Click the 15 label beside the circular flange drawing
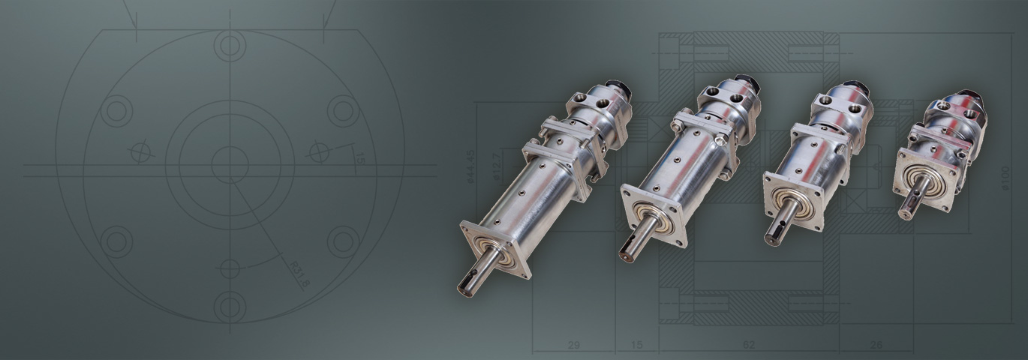(x=359, y=159)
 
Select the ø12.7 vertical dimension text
(x=495, y=166)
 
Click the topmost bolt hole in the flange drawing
(x=230, y=46)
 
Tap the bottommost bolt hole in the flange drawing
(x=230, y=306)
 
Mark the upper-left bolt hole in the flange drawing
(x=117, y=111)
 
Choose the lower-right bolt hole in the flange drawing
(x=343, y=241)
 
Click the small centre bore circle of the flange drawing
(x=229, y=165)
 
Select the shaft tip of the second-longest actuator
(x=626, y=251)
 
